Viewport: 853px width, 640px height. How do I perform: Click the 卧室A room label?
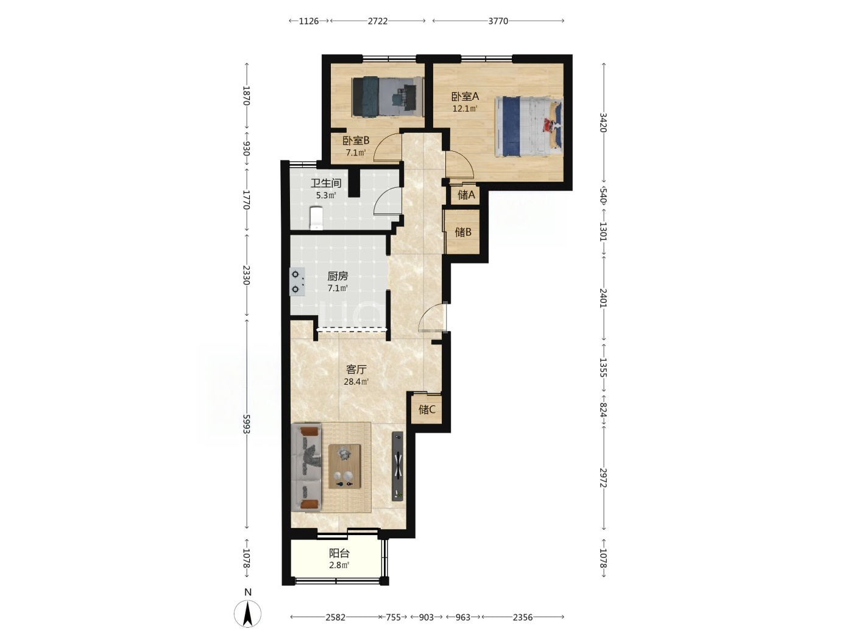pyautogui.click(x=465, y=96)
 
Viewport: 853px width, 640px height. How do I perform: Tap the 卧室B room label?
pyautogui.click(x=356, y=140)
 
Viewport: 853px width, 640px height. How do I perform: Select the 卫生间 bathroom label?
pyautogui.click(x=325, y=183)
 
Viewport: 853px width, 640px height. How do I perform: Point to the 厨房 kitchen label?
pyautogui.click(x=338, y=276)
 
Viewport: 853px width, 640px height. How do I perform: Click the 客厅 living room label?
pyautogui.click(x=356, y=369)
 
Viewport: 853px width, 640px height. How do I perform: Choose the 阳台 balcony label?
pyautogui.click(x=339, y=553)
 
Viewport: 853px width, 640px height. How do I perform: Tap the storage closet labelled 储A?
pyautogui.click(x=466, y=194)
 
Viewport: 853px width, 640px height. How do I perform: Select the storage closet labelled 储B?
pyautogui.click(x=463, y=232)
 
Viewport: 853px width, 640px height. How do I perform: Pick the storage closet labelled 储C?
pyautogui.click(x=426, y=409)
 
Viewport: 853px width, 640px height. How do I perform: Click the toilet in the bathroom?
pyautogui.click(x=316, y=218)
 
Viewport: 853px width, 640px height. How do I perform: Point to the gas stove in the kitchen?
pyautogui.click(x=297, y=282)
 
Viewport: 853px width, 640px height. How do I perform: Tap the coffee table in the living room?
pyautogui.click(x=344, y=466)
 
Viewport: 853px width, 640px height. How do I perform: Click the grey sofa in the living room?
pyautogui.click(x=306, y=467)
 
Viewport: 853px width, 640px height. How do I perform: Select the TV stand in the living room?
pyautogui.click(x=397, y=466)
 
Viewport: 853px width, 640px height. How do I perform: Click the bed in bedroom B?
pyautogui.click(x=388, y=97)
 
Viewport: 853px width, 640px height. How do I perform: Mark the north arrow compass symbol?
pyautogui.click(x=247, y=614)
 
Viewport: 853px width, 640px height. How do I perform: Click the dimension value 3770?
pyautogui.click(x=498, y=21)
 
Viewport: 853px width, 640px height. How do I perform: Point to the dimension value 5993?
pyautogui.click(x=246, y=424)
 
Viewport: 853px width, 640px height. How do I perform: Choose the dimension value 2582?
pyautogui.click(x=335, y=617)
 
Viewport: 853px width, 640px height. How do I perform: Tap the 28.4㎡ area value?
pyautogui.click(x=356, y=382)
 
